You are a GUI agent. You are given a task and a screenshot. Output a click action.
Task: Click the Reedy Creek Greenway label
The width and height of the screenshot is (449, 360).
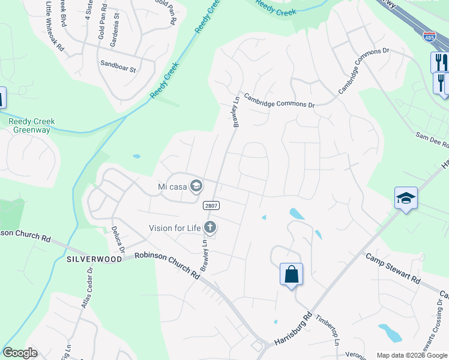pos(32,126)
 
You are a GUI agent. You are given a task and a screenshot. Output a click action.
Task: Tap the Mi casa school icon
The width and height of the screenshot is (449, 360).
pos(195,186)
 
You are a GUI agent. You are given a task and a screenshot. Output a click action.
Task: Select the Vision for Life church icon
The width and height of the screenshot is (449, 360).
pos(209,227)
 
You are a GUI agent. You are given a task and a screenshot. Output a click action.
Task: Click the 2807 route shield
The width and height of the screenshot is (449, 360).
pos(211,205)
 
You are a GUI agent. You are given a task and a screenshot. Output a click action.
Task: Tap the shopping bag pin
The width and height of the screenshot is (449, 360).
pos(291,275)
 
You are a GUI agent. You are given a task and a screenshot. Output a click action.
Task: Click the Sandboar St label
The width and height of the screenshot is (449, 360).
pos(118,66)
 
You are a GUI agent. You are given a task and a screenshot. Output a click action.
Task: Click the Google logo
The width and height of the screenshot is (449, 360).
pos(20,353)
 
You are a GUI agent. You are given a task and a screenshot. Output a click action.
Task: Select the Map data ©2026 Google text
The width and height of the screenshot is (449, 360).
pos(412,355)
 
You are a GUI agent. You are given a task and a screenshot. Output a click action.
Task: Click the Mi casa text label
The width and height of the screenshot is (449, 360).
pos(172,186)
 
